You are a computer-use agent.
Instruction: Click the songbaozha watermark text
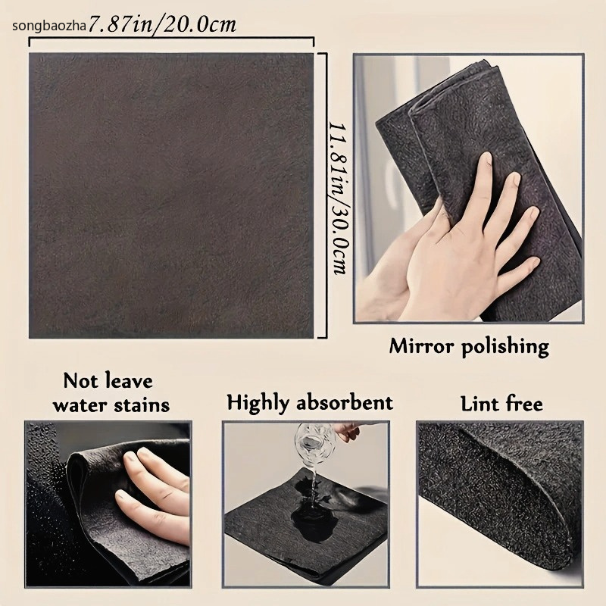48,27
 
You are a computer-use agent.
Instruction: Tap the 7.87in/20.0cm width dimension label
162,25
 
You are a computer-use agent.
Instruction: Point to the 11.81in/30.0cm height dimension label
337,198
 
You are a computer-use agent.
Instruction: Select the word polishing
505,347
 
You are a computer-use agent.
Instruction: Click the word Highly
258,403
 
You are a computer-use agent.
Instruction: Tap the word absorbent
345,402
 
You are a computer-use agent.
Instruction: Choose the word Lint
479,404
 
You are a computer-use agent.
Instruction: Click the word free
524,404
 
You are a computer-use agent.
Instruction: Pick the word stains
142,405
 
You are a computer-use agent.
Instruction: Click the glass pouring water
312,444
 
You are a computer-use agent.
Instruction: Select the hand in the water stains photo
155,495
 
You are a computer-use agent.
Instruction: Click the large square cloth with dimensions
171,195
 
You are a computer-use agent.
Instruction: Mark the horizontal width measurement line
171,38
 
